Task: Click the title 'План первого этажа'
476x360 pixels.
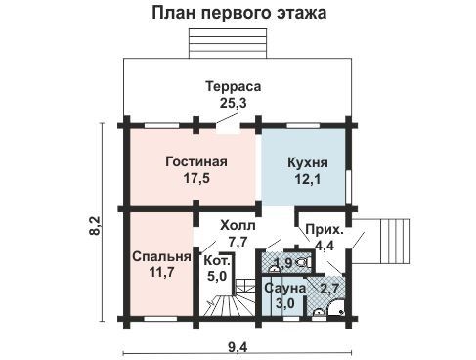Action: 239,14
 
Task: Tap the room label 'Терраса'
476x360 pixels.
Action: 234,86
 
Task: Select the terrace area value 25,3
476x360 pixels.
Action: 234,103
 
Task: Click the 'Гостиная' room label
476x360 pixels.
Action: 196,161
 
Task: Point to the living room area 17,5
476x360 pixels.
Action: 196,178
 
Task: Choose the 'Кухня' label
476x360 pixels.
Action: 308,162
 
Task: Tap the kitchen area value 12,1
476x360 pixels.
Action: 308,179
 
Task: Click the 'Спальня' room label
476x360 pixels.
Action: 161,256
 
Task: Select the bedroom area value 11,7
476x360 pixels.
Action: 161,272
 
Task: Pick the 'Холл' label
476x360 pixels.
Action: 238,225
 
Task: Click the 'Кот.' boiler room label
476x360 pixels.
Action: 217,260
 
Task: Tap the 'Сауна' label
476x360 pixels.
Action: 285,288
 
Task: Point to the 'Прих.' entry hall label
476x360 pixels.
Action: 325,230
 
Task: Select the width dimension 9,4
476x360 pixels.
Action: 238,347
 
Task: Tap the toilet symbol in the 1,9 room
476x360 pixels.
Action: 301,261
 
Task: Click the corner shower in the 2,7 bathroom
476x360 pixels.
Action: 335,308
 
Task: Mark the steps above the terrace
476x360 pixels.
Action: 228,43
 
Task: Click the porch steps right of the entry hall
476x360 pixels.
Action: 395,242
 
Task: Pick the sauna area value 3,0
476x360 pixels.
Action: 285,303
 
